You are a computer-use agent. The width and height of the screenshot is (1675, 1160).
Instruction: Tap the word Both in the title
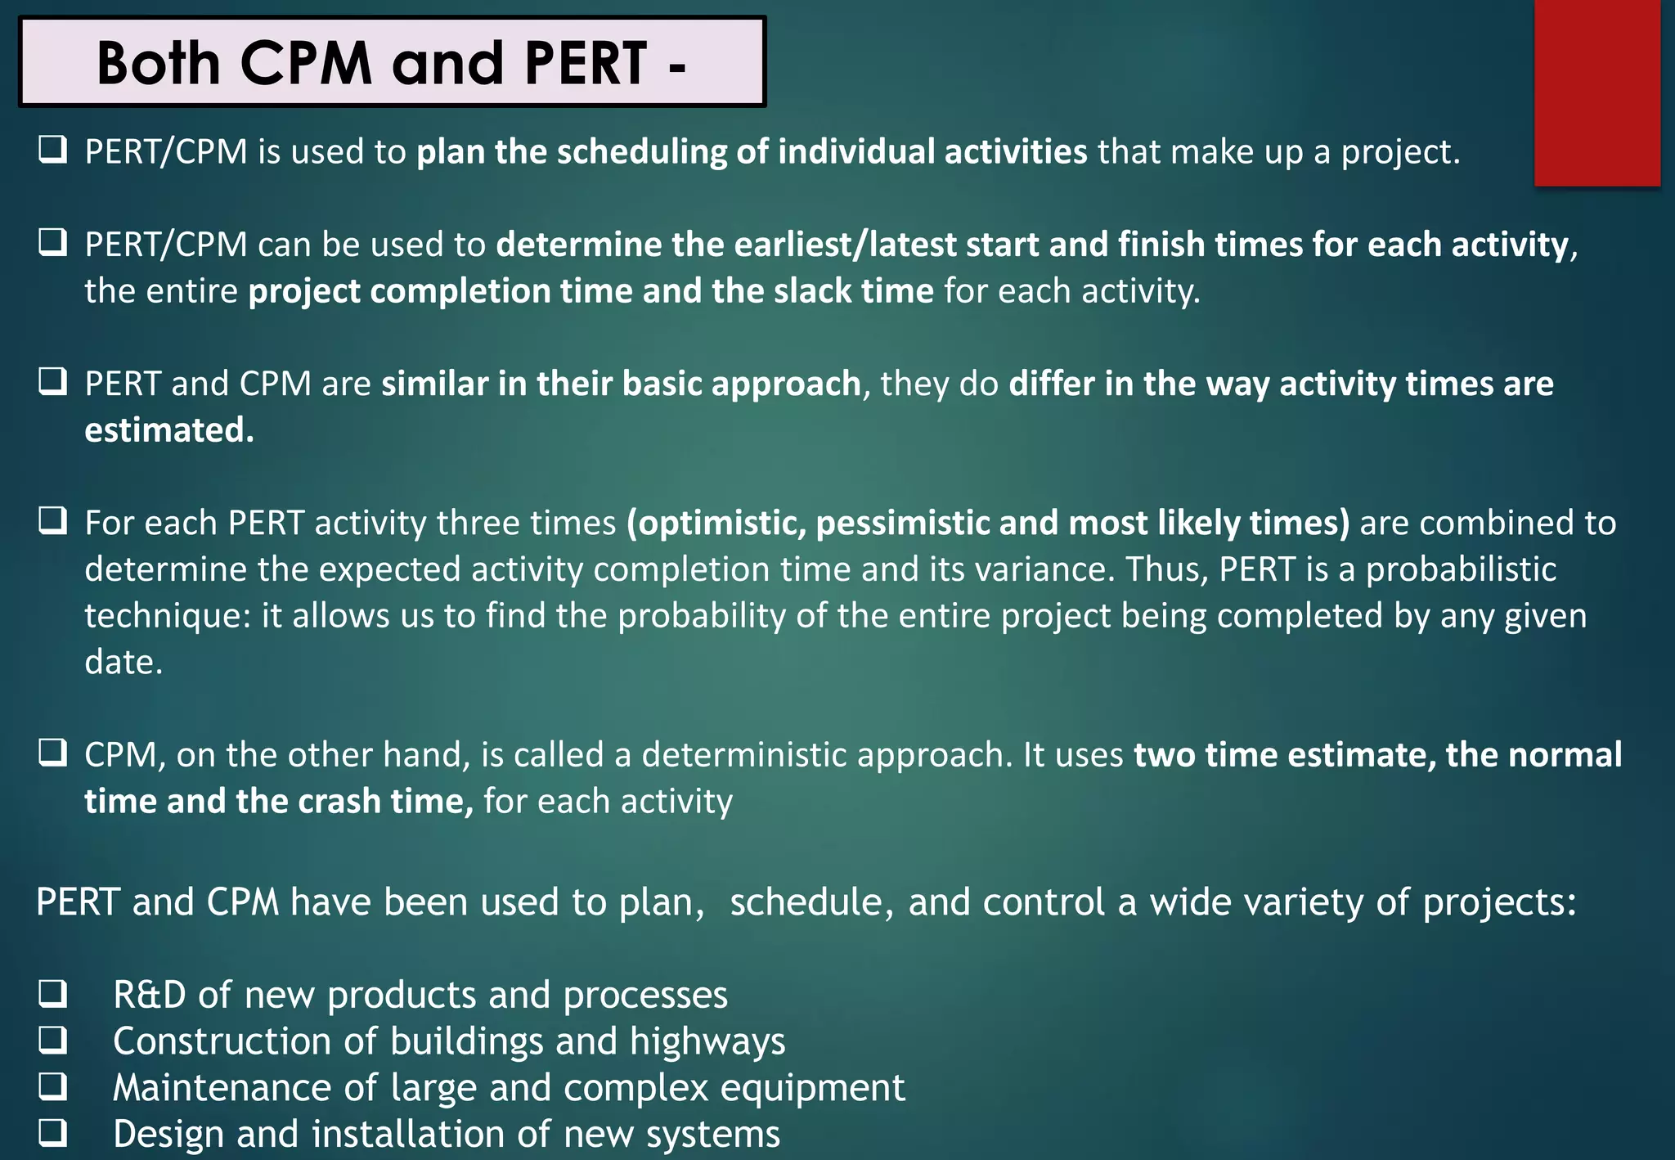click(x=159, y=63)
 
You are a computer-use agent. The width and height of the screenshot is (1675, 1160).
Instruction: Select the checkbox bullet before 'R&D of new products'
click(x=53, y=993)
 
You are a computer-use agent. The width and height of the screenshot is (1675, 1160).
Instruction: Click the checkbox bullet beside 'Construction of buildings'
click(x=53, y=1040)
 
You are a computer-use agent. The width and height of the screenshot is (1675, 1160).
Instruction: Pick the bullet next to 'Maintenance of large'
click(x=53, y=1086)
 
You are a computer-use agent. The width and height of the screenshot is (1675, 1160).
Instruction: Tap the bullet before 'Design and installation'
click(x=53, y=1133)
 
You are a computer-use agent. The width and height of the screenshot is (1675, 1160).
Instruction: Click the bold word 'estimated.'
click(x=169, y=429)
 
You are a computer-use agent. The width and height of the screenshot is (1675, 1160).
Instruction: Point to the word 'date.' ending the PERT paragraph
click(x=123, y=662)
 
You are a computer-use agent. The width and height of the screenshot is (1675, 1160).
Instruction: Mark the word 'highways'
click(x=707, y=1041)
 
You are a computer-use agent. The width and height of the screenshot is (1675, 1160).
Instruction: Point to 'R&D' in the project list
click(x=150, y=995)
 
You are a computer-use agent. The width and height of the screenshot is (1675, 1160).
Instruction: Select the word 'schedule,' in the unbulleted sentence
click(x=811, y=902)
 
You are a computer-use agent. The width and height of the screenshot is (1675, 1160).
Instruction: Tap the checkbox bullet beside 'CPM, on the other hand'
click(x=53, y=753)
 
